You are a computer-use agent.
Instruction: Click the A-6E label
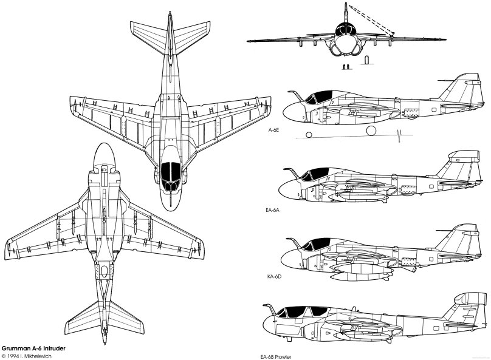point(273,130)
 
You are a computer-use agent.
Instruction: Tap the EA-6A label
point(273,209)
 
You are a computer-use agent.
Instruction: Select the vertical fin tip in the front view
point(346,5)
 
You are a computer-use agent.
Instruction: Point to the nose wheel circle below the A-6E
point(308,134)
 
